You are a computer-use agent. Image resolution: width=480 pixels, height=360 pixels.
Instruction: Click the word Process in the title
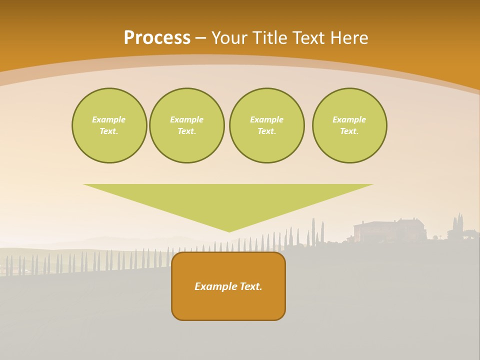157,38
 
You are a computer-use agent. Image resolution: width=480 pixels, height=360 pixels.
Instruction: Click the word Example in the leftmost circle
109,119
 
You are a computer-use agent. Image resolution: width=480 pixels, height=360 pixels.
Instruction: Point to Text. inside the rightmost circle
349,131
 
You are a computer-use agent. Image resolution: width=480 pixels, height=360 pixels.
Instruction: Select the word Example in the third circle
266,119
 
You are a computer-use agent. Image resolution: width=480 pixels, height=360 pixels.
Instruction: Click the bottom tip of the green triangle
229,230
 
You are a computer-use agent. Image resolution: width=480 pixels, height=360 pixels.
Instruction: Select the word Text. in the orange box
251,286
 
